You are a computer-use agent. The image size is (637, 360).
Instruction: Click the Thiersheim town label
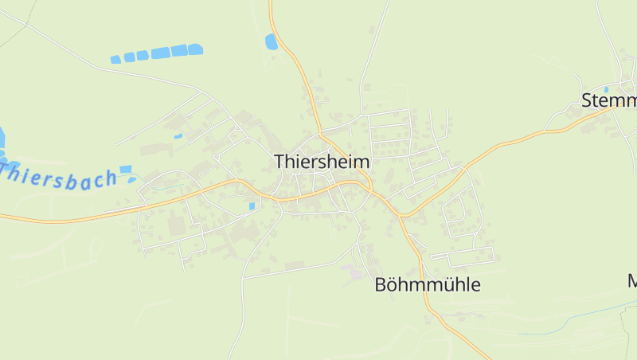click(x=322, y=161)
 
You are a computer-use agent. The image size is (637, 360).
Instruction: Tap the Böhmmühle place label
click(x=428, y=284)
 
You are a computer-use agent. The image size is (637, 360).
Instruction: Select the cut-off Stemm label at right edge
click(x=609, y=101)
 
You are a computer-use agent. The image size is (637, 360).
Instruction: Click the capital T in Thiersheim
click(x=280, y=161)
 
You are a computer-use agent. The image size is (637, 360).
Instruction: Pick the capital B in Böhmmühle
click(x=381, y=284)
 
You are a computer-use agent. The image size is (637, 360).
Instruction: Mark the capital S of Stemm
click(x=587, y=101)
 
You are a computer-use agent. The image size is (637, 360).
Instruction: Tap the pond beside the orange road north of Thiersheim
click(x=272, y=42)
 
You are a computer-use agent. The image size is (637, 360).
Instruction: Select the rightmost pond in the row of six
click(x=195, y=49)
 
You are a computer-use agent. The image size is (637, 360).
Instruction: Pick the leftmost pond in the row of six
click(x=115, y=60)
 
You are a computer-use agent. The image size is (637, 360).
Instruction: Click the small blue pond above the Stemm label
click(x=606, y=89)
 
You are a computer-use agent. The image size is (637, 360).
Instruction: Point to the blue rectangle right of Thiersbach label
click(x=125, y=169)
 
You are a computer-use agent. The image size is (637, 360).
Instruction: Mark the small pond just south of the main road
click(x=252, y=206)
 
